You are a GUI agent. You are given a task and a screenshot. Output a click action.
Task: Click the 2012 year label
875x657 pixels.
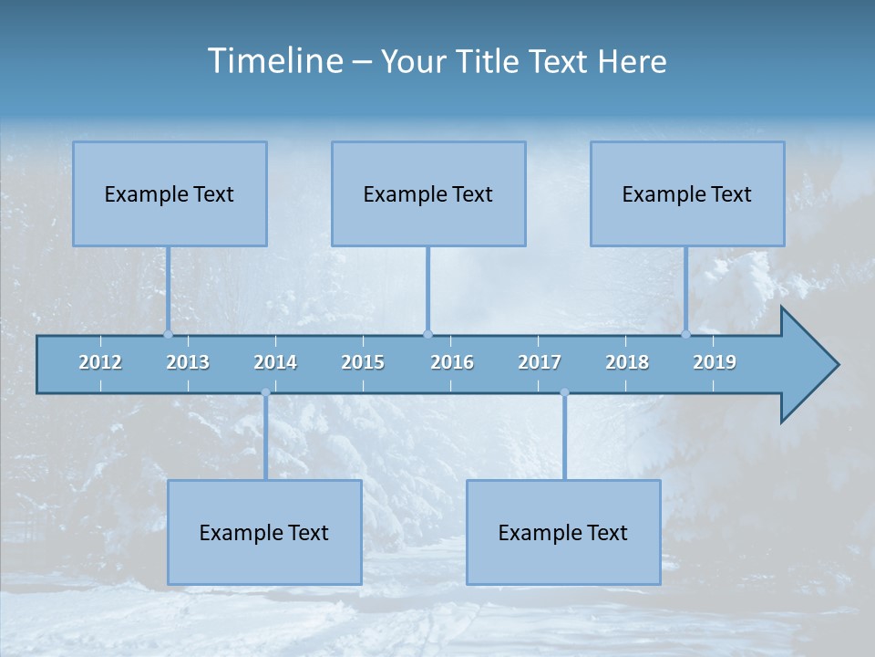100,362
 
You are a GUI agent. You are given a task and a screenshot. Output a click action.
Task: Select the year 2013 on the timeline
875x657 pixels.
188,362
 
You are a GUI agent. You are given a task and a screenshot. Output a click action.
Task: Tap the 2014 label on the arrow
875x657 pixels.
275,362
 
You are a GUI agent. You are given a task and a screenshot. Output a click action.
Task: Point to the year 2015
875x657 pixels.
363,362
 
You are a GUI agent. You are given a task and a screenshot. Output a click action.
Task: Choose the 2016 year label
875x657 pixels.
452,362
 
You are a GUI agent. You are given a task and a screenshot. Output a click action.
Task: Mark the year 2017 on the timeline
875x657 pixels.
540,362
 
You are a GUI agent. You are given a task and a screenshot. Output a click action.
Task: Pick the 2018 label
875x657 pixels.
627,362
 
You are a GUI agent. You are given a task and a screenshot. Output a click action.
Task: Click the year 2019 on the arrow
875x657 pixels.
715,362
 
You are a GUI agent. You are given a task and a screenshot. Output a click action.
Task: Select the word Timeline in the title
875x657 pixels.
273,61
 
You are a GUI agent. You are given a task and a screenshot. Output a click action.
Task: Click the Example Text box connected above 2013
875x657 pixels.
170,193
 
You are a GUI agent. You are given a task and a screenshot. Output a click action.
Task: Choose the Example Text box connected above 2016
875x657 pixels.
428,193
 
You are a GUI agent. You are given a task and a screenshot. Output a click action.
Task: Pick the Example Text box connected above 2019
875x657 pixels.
687,193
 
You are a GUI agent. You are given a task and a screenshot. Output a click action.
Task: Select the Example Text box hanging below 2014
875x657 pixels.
264,532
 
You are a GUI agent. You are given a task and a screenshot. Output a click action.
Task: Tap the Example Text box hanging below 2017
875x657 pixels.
563,532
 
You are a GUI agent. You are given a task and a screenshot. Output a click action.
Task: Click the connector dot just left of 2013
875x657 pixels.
169,334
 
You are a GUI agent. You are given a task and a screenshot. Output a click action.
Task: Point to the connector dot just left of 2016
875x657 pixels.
428,334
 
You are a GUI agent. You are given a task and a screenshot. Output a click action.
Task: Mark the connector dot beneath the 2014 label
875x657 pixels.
265,393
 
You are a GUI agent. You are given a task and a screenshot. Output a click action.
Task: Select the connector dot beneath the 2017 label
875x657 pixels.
564,393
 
